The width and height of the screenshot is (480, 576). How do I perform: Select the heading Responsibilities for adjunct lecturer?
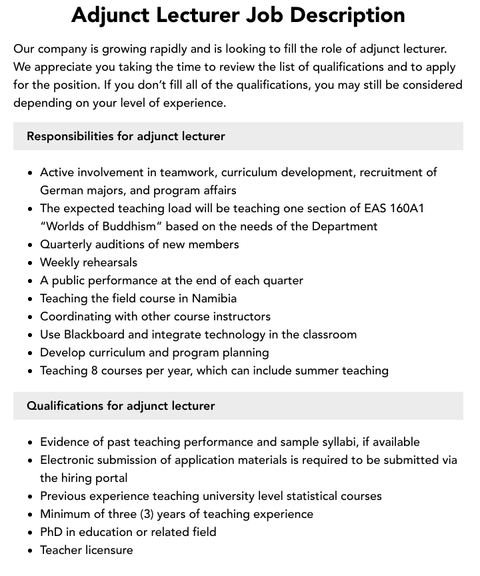(x=126, y=136)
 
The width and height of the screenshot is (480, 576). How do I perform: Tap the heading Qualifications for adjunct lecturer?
(x=121, y=406)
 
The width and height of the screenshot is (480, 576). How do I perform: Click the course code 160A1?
(x=403, y=208)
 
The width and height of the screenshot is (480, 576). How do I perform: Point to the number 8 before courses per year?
(x=94, y=370)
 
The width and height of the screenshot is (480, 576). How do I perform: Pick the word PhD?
(x=52, y=532)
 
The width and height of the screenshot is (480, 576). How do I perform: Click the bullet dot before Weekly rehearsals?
(x=30, y=263)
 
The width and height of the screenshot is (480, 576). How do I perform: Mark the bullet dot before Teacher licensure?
(x=30, y=551)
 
